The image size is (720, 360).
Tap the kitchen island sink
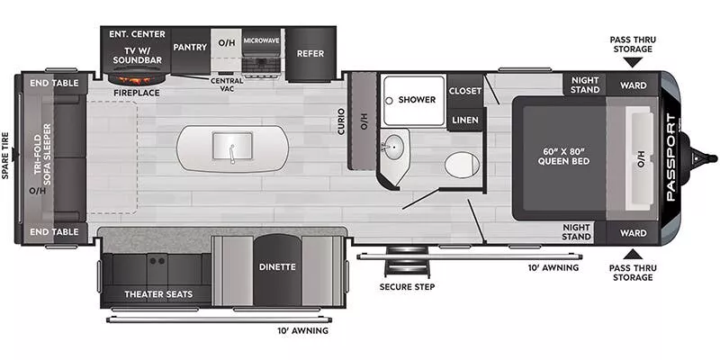(x=232, y=145)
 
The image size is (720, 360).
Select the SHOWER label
(x=417, y=99)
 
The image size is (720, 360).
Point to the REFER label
(x=310, y=54)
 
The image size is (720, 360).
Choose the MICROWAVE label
(x=261, y=40)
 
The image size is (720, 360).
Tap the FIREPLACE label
(x=137, y=92)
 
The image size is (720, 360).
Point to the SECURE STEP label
(x=406, y=287)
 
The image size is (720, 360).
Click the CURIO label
(x=342, y=125)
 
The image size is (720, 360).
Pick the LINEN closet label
(x=464, y=121)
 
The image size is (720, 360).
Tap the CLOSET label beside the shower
(x=464, y=91)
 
